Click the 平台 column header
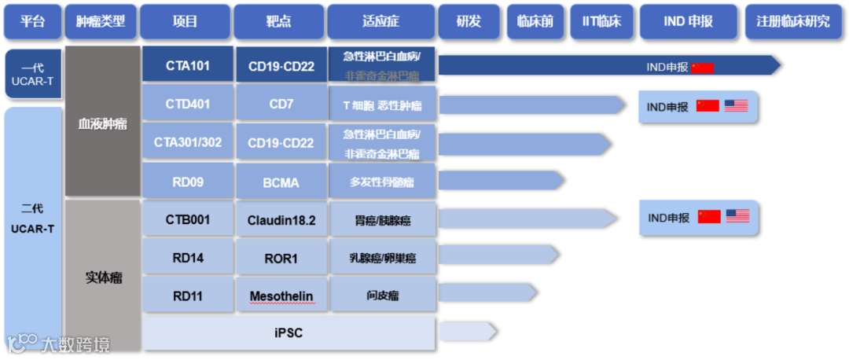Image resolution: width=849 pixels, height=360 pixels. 32,22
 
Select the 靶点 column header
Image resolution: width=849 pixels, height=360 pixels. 278,22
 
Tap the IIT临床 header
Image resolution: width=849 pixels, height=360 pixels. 601,22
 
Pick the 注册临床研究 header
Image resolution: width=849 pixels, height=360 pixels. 792,22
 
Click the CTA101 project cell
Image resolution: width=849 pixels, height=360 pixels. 187,65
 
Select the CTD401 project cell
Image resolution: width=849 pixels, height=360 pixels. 187,104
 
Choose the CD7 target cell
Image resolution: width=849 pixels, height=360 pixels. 281,104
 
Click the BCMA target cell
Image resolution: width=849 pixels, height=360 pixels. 281,182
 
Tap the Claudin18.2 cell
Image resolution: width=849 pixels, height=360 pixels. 281,220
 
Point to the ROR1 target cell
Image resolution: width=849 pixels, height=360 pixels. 281,258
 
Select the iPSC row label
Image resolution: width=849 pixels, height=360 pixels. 289,333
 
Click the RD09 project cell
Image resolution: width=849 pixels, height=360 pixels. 187,182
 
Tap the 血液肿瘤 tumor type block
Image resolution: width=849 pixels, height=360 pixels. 102,124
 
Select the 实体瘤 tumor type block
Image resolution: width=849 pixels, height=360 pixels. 103,277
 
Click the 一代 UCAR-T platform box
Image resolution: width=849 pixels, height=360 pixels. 32,75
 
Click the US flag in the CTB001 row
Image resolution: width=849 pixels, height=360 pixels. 737,216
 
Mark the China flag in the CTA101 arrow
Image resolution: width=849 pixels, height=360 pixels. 702,68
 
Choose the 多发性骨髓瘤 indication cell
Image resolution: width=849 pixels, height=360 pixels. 382,182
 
